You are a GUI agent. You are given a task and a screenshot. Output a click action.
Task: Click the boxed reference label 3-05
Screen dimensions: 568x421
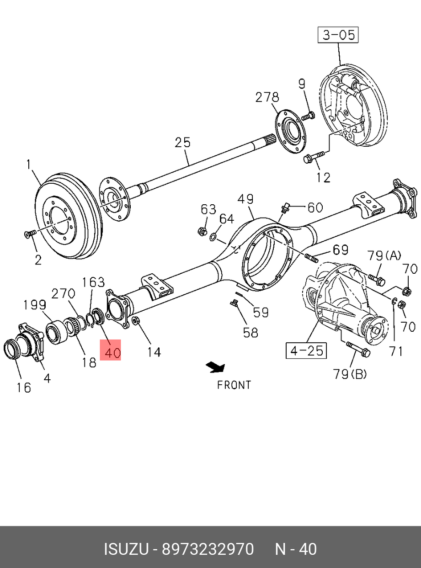(338, 35)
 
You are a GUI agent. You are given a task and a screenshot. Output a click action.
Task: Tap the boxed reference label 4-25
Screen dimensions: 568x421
(305, 350)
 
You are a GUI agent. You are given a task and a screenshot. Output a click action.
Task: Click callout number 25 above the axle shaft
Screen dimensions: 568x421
(182, 143)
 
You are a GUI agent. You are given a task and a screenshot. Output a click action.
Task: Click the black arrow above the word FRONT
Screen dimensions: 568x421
(215, 366)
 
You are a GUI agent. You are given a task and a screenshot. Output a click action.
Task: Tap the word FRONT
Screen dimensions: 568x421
(234, 385)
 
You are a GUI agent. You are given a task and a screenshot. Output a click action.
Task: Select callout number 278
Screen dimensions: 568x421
(267, 97)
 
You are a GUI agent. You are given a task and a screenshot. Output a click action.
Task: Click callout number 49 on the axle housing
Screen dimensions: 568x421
(245, 200)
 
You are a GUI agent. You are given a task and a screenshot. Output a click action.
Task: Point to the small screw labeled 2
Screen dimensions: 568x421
(29, 234)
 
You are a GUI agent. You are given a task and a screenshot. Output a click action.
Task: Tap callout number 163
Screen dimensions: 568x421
(93, 282)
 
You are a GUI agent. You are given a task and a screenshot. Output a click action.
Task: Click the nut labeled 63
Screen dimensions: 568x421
(201, 231)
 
